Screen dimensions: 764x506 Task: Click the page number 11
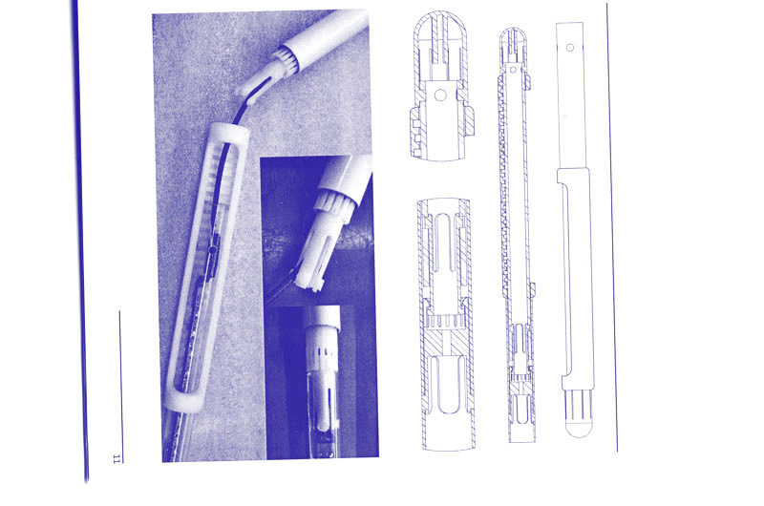coord(117,458)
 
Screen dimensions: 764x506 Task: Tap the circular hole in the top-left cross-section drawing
coord(440,95)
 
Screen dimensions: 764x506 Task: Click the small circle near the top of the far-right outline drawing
coord(570,48)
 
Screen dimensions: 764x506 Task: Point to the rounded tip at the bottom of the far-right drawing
coord(579,429)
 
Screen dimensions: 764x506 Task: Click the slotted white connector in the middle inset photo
coord(322,243)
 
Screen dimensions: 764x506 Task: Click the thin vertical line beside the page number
coord(121,387)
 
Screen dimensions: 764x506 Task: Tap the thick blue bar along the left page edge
coord(80,242)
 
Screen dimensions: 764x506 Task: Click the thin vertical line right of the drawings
coord(612,227)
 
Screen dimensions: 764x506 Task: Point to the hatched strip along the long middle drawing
coord(504,185)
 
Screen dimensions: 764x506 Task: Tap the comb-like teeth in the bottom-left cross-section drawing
coord(444,322)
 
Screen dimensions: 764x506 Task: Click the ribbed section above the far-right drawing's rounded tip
coord(579,406)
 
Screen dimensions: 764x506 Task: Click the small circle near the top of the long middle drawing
coord(513,70)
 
